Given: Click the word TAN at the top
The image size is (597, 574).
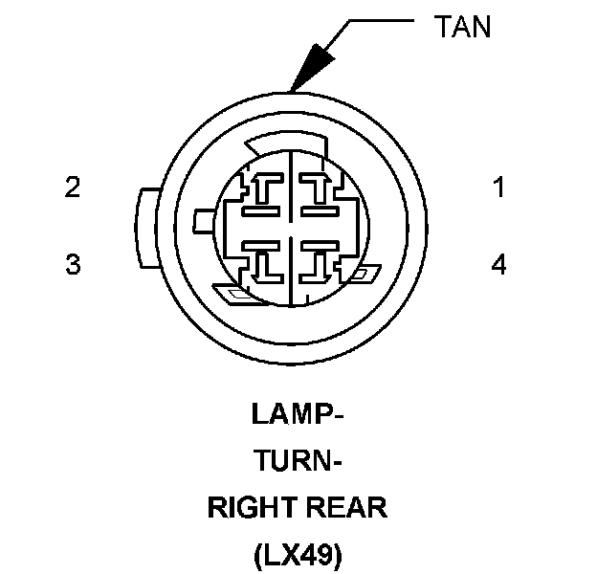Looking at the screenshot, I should (462, 26).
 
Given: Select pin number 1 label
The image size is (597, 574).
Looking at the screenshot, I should (497, 188).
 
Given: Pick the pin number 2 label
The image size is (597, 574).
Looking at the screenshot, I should (72, 188).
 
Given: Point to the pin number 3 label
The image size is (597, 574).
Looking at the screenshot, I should (72, 264).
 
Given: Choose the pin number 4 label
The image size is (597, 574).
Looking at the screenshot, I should (497, 264).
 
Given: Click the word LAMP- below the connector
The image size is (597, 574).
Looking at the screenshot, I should (298, 416).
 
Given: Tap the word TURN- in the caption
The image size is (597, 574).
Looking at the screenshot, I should (298, 463).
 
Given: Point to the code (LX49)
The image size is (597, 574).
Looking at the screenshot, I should (298, 555).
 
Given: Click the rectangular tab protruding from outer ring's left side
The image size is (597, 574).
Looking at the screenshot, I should (142, 228).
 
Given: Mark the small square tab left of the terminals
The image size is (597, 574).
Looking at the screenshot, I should (202, 221).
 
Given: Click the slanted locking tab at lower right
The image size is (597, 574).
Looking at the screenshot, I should (362, 276).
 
